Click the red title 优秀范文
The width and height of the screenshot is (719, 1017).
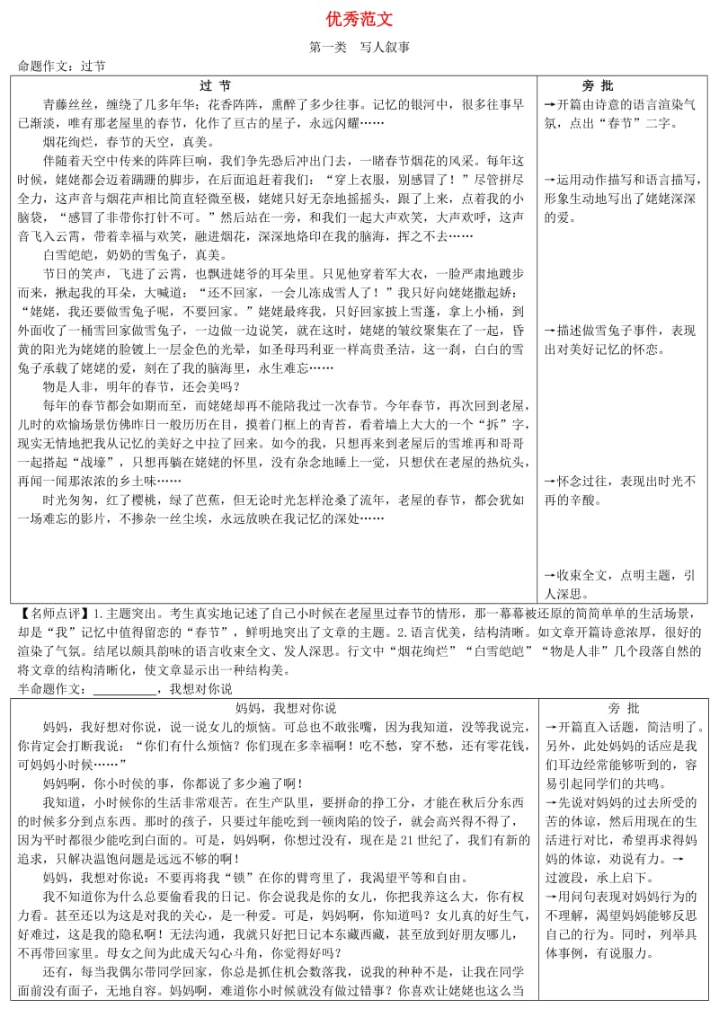(359, 19)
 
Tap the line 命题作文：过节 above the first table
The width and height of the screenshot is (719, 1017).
(61, 66)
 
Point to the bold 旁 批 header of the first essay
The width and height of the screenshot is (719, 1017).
(598, 85)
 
